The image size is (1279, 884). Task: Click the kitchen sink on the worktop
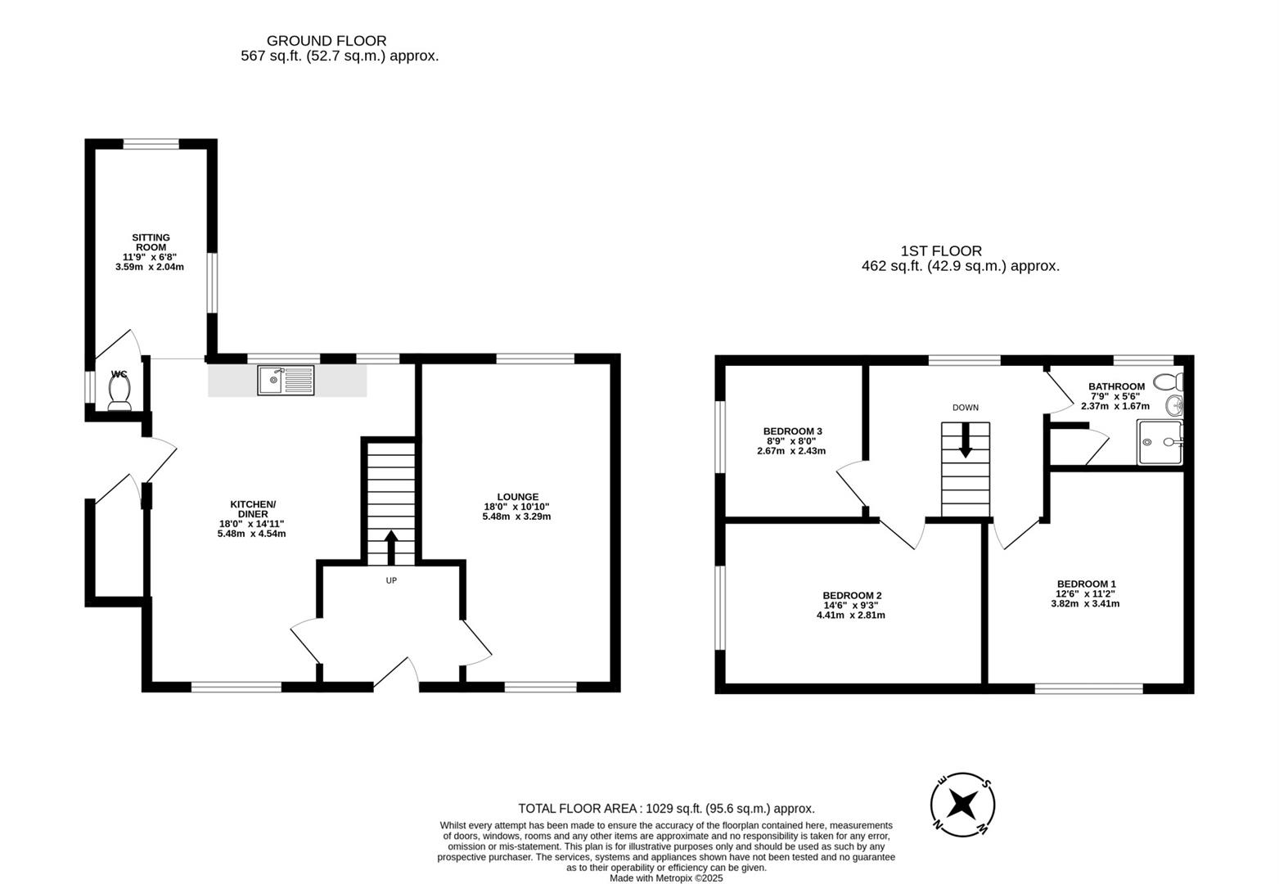286,381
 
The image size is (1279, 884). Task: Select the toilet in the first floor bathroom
1169,381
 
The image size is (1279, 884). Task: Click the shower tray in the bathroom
1160,442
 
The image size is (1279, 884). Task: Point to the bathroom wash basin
1174,405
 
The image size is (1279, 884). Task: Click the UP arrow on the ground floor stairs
391,547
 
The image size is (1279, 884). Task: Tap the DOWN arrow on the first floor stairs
965,440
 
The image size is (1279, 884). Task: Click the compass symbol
962,805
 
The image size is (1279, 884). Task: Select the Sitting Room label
151,242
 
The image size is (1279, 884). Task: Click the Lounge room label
517,497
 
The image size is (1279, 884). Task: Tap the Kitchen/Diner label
253,509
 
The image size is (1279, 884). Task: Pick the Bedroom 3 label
793,431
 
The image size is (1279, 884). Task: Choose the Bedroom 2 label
852,596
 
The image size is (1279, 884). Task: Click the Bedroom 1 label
1086,584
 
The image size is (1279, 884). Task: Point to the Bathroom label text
1116,386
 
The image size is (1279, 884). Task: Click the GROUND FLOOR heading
327,41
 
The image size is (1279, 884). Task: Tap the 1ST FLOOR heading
942,250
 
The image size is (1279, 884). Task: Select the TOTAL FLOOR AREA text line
666,809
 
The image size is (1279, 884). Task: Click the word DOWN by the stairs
966,408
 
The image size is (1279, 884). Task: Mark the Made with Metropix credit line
666,878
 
